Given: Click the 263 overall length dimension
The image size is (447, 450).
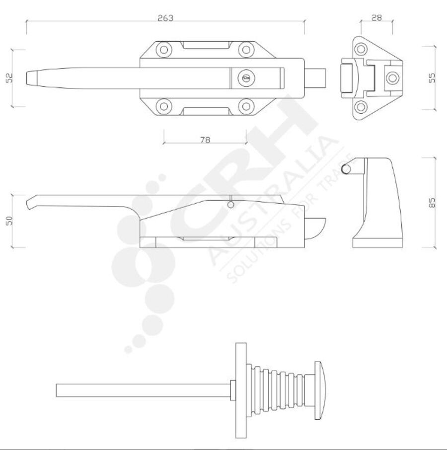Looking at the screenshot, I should pyautogui.click(x=165, y=18).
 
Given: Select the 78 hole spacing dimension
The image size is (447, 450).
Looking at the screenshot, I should pyautogui.click(x=205, y=140).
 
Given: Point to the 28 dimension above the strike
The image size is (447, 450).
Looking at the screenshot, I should pyautogui.click(x=376, y=18).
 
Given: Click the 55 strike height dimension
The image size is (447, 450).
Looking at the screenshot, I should pyautogui.click(x=432, y=77).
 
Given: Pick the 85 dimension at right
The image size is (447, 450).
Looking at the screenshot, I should pyautogui.click(x=432, y=202).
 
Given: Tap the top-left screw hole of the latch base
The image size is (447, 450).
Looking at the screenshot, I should pyautogui.click(x=163, y=50).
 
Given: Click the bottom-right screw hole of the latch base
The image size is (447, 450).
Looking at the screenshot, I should pyautogui.click(x=246, y=106).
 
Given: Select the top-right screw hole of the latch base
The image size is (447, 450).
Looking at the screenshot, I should pyautogui.click(x=246, y=50).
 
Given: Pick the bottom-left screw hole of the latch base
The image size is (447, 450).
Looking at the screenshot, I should pyautogui.click(x=163, y=106).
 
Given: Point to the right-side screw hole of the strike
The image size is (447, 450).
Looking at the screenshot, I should pyautogui.click(x=392, y=77).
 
